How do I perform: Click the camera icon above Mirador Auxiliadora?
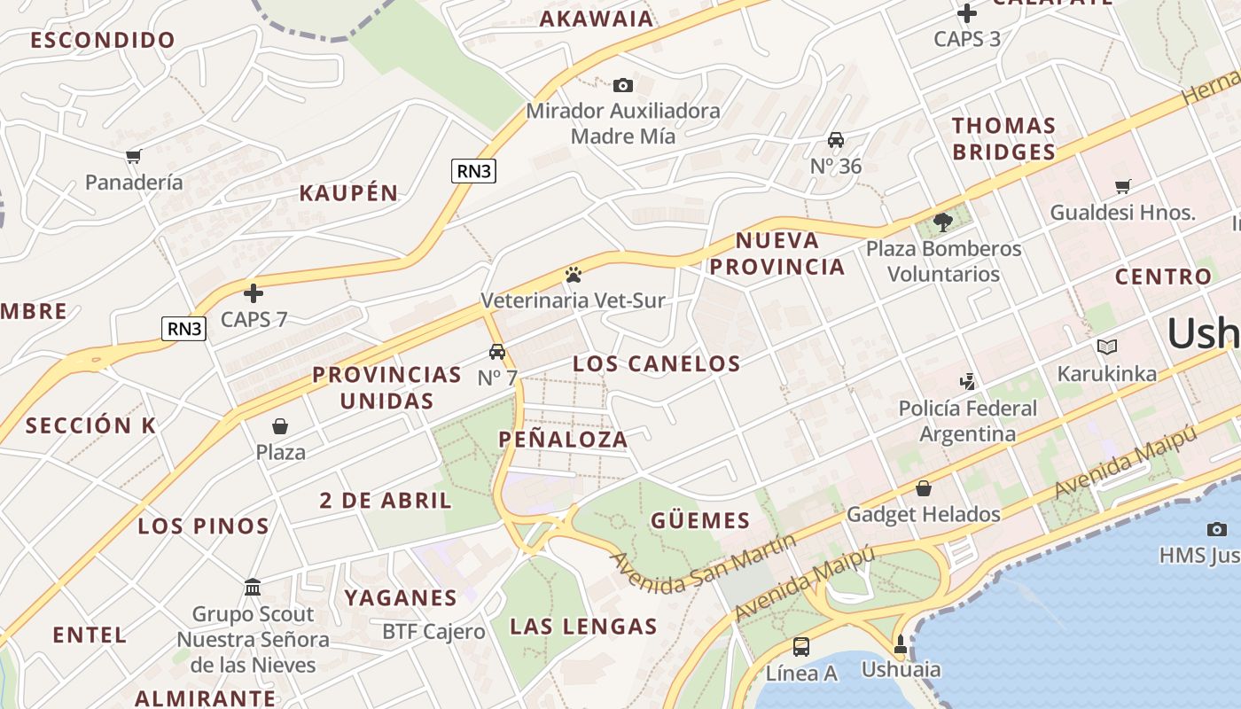(x=623, y=85)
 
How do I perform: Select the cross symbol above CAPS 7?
(x=254, y=292)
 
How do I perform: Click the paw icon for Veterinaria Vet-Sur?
(x=573, y=275)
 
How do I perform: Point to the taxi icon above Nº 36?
(x=836, y=140)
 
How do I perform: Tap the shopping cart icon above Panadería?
(x=134, y=157)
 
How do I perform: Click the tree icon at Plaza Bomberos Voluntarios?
(x=943, y=222)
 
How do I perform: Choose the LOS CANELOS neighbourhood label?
(x=656, y=363)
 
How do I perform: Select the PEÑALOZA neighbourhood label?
(x=563, y=439)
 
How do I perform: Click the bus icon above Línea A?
(x=801, y=647)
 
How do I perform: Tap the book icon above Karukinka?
(x=1106, y=347)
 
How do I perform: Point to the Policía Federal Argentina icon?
(x=968, y=382)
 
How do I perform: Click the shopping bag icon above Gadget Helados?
(x=924, y=488)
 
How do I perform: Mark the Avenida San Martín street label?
(x=703, y=564)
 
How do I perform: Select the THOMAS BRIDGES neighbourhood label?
(x=1003, y=138)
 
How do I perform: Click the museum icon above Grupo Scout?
(x=253, y=588)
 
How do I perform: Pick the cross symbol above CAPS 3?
(x=967, y=13)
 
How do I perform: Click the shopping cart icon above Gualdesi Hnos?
(x=1123, y=186)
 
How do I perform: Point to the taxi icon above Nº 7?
(x=497, y=352)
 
